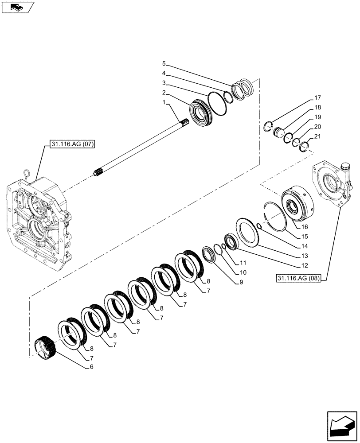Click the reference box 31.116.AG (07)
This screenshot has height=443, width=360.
tap(70, 144)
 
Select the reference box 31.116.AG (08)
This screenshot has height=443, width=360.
tap(300, 278)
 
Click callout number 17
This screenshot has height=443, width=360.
tap(317, 97)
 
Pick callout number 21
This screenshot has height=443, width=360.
tap(317, 136)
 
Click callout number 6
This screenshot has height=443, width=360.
tap(91, 367)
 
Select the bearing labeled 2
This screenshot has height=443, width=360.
tap(202, 114)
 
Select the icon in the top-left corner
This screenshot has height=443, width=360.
tap(18, 7)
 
